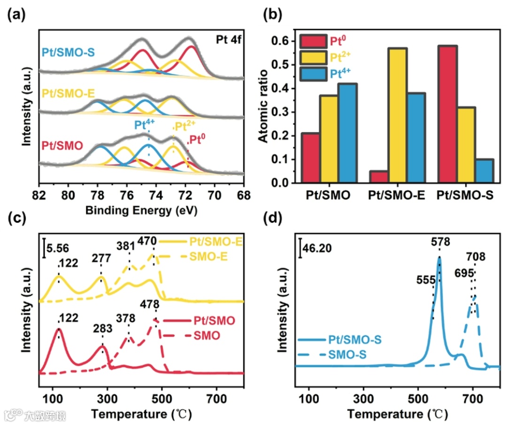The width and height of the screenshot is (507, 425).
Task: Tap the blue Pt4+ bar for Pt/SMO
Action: click(x=346, y=133)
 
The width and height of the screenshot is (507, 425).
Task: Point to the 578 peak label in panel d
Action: click(x=440, y=242)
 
